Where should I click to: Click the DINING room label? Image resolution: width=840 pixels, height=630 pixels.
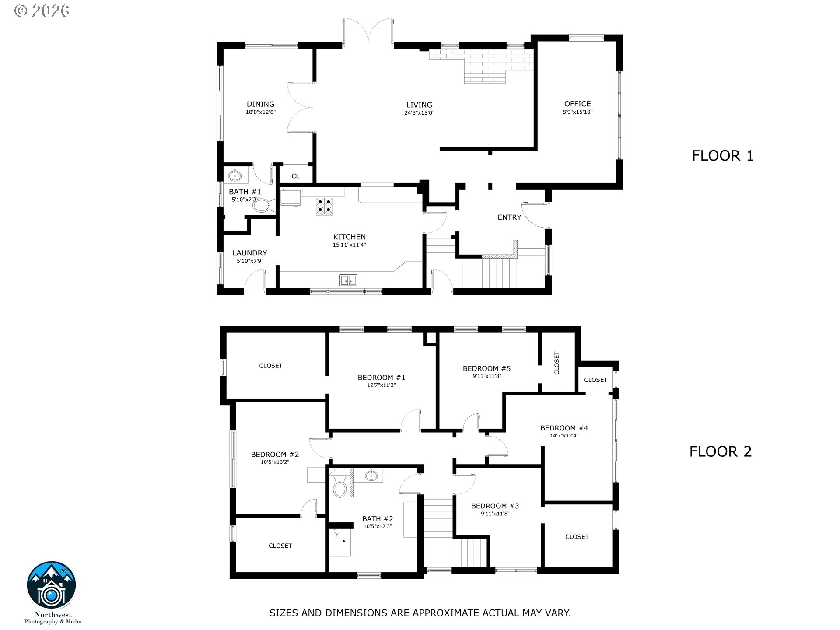(260, 104)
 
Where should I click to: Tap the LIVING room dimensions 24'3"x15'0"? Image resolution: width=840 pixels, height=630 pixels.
(419, 113)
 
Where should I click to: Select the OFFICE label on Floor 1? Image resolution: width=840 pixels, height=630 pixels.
(577, 104)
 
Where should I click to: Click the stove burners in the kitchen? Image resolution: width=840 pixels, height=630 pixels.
(324, 206)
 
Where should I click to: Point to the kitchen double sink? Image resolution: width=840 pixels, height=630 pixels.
(348, 280)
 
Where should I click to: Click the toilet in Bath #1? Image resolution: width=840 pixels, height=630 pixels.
(262, 205)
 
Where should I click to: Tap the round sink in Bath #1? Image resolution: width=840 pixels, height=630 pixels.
(235, 176)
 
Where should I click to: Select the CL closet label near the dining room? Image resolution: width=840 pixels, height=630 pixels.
(295, 176)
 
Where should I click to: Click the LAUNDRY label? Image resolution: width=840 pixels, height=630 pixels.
(249, 253)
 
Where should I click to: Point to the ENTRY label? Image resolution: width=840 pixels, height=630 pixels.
(509, 217)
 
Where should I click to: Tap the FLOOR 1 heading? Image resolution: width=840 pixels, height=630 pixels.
(723, 156)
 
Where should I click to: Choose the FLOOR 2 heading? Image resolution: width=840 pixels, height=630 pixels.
(721, 451)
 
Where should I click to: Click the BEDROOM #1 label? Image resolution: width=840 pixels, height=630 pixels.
(381, 378)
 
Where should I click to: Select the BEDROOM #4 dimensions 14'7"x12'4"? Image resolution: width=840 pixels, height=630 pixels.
(564, 436)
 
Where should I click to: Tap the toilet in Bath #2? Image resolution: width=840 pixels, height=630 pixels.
(339, 488)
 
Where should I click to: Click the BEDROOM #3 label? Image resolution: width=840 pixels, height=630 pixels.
(495, 506)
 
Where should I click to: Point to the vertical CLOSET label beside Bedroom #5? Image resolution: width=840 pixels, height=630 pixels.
(557, 363)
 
